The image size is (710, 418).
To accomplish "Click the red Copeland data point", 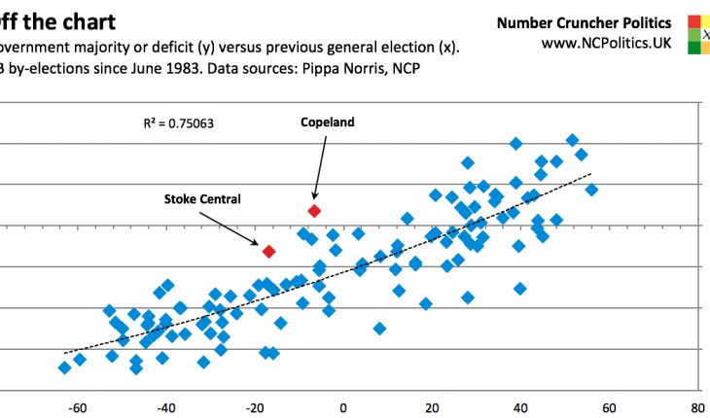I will click(314, 210).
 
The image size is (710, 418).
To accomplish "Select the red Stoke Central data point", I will click(269, 251).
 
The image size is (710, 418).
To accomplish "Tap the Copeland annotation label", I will click(327, 122).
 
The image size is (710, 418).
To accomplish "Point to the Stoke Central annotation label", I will click(201, 199).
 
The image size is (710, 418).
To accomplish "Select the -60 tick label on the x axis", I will click(78, 408).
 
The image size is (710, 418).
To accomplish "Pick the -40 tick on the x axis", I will click(166, 408).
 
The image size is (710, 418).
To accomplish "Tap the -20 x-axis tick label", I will click(255, 408).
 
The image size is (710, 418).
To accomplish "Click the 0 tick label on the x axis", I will click(343, 408).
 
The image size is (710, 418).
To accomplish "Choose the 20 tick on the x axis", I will click(432, 408).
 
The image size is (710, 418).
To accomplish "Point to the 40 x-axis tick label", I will click(520, 408).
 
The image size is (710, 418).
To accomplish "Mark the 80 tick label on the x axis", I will click(697, 408).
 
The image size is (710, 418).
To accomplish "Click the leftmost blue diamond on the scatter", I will click(64, 367).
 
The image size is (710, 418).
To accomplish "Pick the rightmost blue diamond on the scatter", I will click(591, 190).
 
